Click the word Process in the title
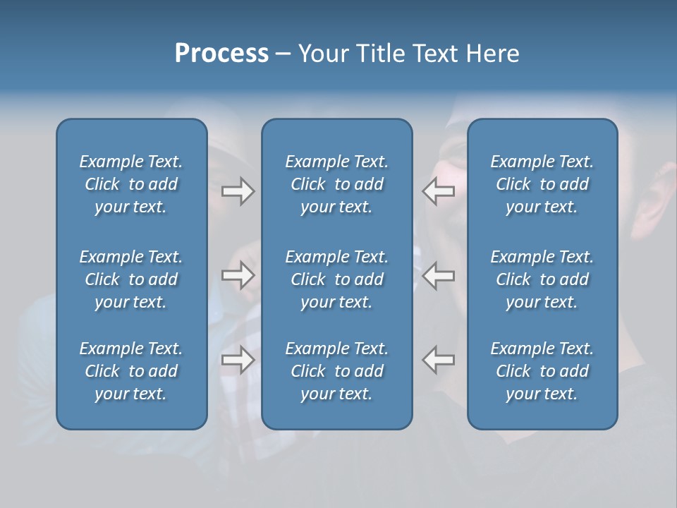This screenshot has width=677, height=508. pyautogui.click(x=221, y=53)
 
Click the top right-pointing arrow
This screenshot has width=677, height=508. pyautogui.click(x=238, y=190)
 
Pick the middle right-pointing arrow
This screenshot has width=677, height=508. pyautogui.click(x=238, y=275)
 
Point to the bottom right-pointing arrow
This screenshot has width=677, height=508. pyautogui.click(x=238, y=360)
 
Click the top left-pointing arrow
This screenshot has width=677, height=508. pyautogui.click(x=438, y=190)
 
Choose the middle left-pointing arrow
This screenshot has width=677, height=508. pyautogui.click(x=438, y=275)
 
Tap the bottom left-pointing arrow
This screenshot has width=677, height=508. pyautogui.click(x=438, y=360)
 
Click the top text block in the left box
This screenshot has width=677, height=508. pyautogui.click(x=131, y=184)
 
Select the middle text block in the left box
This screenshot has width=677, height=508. pyautogui.click(x=131, y=279)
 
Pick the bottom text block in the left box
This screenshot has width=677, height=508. pyautogui.click(x=131, y=371)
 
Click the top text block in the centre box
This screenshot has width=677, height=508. pyautogui.click(x=337, y=184)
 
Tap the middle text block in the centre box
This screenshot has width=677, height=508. pyautogui.click(x=337, y=279)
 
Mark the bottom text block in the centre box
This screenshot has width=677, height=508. pyautogui.click(x=337, y=371)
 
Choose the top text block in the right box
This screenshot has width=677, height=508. pyautogui.click(x=542, y=184)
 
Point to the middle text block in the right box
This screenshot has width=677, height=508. pyautogui.click(x=542, y=279)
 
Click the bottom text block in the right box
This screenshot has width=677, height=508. pyautogui.click(x=542, y=371)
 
